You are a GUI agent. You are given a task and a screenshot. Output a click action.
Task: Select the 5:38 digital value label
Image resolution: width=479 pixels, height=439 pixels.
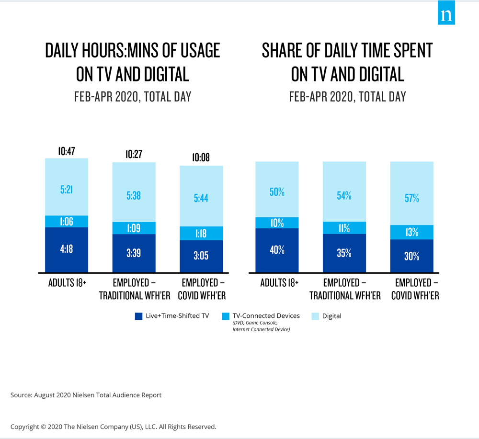(134, 195)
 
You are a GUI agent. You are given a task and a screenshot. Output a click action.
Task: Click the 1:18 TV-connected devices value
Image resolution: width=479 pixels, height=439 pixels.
(201, 233)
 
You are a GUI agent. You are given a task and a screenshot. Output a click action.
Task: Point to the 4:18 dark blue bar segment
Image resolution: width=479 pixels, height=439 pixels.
(67, 249)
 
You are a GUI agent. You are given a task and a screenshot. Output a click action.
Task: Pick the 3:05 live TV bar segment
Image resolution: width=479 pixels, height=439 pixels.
(201, 256)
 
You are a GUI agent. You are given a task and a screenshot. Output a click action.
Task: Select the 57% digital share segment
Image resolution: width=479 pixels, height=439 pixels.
(412, 197)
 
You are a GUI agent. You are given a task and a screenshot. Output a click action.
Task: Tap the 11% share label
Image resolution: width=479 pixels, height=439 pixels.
(344, 228)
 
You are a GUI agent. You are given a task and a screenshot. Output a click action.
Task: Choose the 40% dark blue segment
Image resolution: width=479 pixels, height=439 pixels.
(277, 250)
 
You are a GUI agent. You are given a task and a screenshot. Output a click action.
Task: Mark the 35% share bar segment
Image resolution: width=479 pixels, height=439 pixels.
(344, 253)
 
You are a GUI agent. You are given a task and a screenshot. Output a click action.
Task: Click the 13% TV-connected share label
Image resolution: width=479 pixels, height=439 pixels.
(411, 232)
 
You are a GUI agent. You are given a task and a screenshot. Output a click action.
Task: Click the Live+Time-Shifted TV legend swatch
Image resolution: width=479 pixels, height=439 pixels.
(138, 316)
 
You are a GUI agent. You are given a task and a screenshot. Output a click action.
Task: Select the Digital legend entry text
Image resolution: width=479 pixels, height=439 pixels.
(332, 316)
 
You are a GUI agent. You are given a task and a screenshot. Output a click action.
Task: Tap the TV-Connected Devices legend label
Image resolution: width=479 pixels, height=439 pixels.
(266, 316)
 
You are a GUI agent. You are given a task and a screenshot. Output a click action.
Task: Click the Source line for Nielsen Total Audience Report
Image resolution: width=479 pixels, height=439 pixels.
(86, 395)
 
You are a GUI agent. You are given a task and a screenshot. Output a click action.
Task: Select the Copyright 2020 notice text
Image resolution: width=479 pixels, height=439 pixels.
(114, 426)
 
